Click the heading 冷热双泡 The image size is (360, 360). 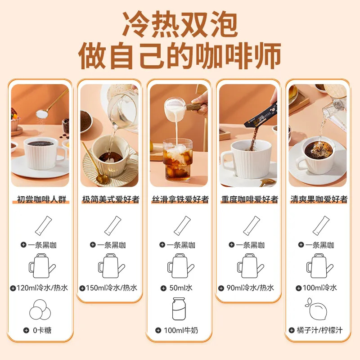(180, 24)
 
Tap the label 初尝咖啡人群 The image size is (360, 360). (41, 199)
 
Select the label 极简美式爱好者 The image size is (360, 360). (111, 199)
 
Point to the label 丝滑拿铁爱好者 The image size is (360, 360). (180, 199)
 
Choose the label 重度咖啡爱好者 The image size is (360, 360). (250, 199)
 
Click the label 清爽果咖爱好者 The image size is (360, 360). (319, 199)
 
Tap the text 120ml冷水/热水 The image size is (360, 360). (42, 288)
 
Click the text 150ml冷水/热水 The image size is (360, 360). (112, 288)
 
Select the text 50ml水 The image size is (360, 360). (181, 288)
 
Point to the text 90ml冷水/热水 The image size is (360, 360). (250, 288)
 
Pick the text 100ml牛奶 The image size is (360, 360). (181, 330)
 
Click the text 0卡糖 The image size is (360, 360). (42, 330)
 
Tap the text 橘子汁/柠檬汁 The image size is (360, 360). (319, 330)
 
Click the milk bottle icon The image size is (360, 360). (179, 309)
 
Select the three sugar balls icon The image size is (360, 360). (40, 310)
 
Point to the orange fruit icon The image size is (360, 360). (316, 309)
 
